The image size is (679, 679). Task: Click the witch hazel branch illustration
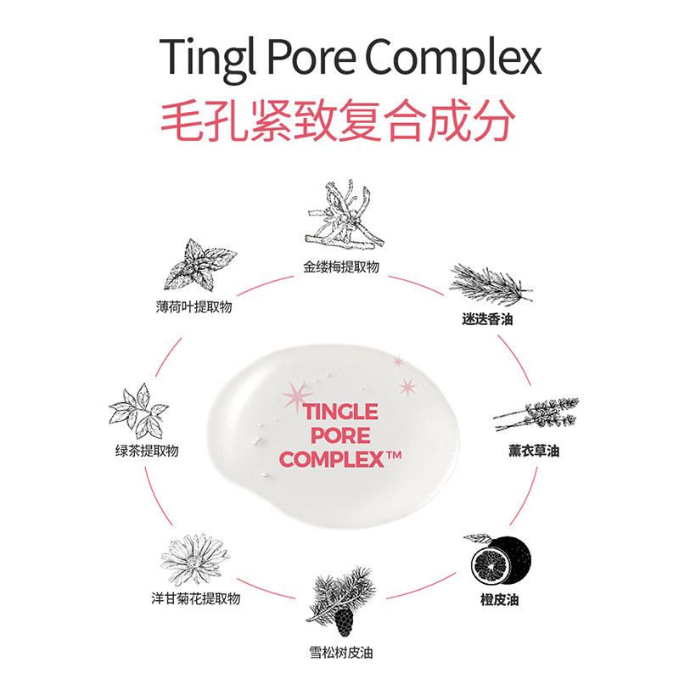[339, 216]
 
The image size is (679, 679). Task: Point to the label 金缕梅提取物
[340, 267]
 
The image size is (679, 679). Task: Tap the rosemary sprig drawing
[489, 284]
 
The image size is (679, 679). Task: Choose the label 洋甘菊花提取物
[191, 600]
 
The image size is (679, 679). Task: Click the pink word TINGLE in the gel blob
[340, 412]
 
